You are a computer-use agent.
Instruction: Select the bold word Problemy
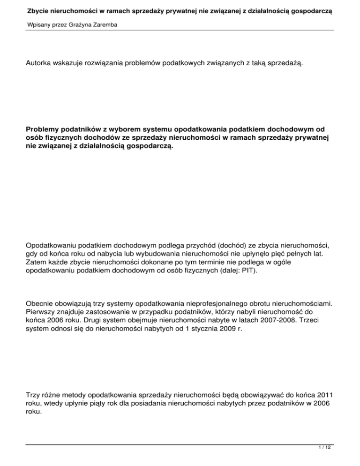(45, 128)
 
